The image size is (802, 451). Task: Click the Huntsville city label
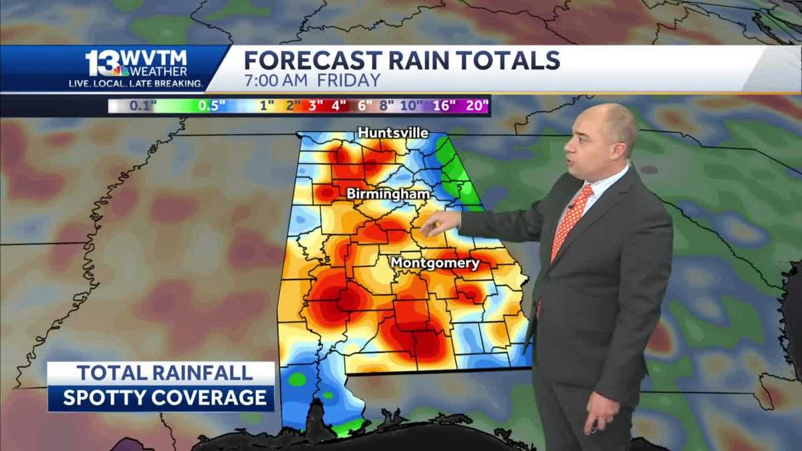point(393,133)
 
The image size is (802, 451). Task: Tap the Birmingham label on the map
point(388,194)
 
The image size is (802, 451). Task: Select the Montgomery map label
point(435,263)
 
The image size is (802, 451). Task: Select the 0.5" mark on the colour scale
point(211,106)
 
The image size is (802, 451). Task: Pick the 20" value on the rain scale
point(475,106)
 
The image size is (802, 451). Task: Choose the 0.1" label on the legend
point(139,106)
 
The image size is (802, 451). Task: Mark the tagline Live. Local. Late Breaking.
point(136,84)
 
